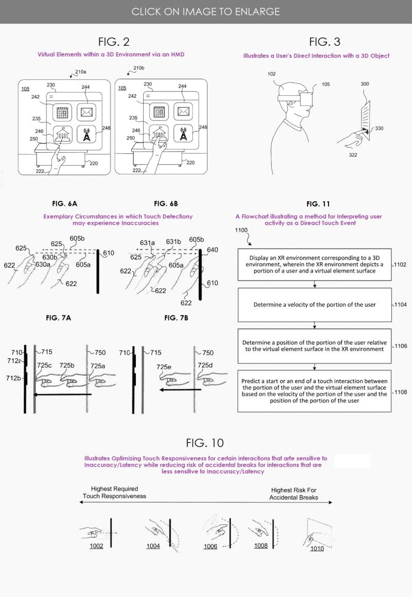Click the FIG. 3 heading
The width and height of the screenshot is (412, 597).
pyautogui.click(x=324, y=42)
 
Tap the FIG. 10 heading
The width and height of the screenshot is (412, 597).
pyautogui.click(x=205, y=443)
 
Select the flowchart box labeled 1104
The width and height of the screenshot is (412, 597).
pyautogui.click(x=314, y=305)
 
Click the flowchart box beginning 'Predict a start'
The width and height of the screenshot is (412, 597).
pyautogui.click(x=314, y=391)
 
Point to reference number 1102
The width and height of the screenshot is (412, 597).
pyautogui.click(x=400, y=265)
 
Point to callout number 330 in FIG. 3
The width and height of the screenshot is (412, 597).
pyautogui.click(x=379, y=129)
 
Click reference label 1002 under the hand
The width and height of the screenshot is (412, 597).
pyautogui.click(x=96, y=546)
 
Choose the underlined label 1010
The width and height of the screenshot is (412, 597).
pyautogui.click(x=317, y=549)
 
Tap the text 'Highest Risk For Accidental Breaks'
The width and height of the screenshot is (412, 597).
pyautogui.click(x=294, y=494)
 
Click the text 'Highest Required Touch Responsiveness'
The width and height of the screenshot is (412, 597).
pyautogui.click(x=114, y=493)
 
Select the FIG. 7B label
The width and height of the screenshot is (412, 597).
pyautogui.click(x=176, y=318)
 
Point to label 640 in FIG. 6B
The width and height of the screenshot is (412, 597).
pyautogui.click(x=212, y=250)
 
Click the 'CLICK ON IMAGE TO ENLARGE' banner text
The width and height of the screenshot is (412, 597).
pyautogui.click(x=205, y=11)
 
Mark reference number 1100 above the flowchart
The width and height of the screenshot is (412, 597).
pyautogui.click(x=241, y=230)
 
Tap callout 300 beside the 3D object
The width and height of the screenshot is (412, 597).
pyautogui.click(x=365, y=84)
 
